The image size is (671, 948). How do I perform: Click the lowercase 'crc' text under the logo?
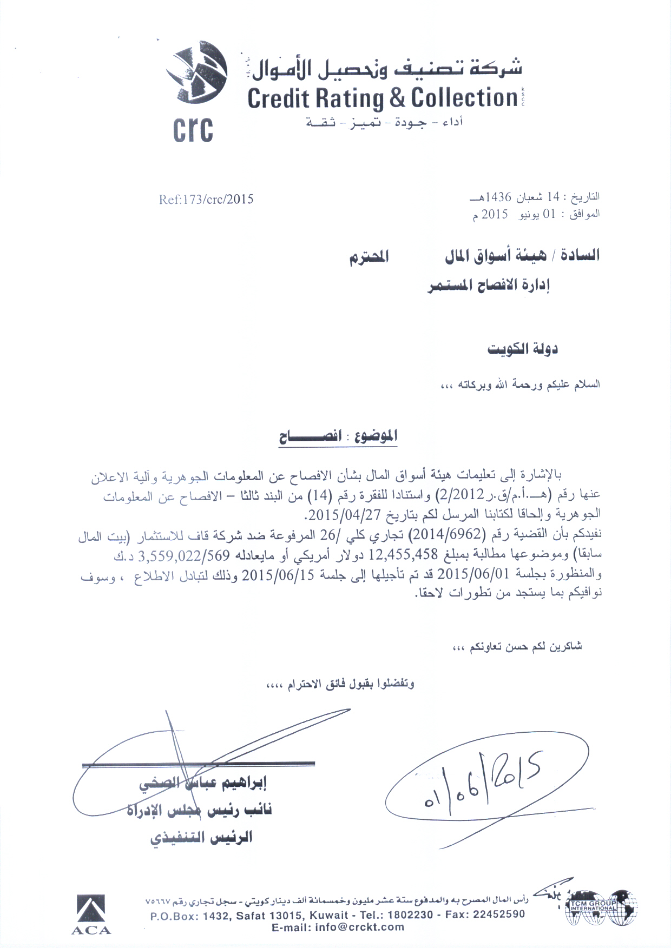[x=193, y=130]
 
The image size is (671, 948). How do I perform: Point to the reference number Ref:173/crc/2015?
[x=206, y=200]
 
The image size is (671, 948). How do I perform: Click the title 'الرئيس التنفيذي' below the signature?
[x=201, y=838]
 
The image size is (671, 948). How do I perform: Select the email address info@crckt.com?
[x=338, y=927]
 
